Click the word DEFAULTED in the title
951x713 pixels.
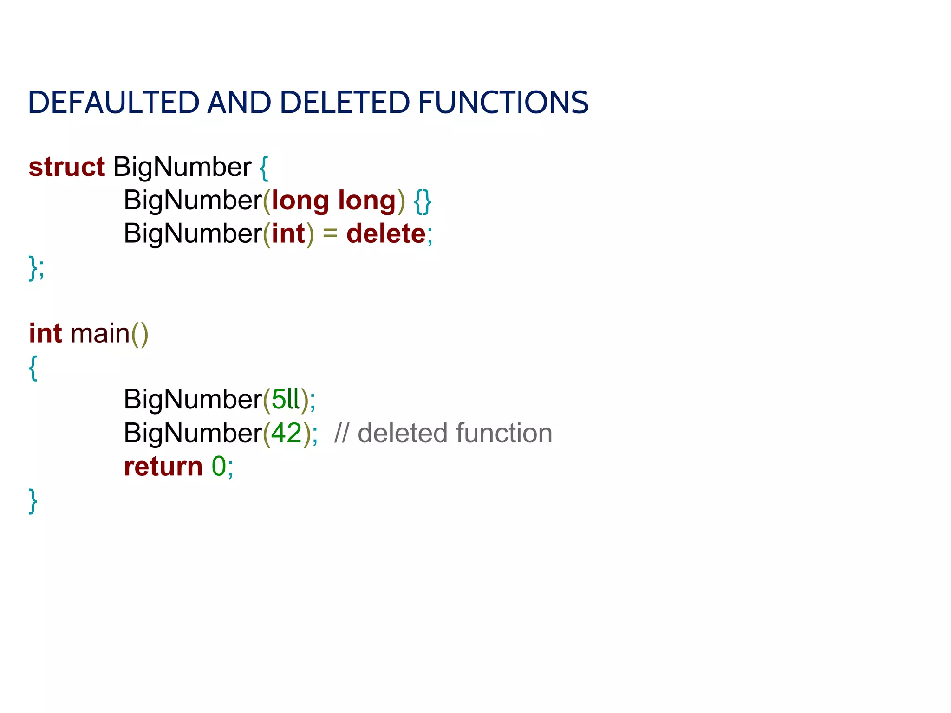pos(114,103)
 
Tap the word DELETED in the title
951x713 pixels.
pos(345,103)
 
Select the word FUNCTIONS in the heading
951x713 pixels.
pos(503,103)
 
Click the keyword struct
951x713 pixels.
pos(67,167)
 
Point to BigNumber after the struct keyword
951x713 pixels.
pos(182,167)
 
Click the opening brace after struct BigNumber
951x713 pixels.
pos(264,168)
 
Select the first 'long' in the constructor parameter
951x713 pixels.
pos(300,201)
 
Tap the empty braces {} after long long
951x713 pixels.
pos(422,201)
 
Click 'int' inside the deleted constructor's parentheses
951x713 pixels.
pos(288,233)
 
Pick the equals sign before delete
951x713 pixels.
pos(330,233)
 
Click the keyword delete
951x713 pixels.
pos(386,233)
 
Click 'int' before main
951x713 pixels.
pos(46,333)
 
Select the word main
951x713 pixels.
pos(100,334)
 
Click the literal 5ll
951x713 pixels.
pos(286,399)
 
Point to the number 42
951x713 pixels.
pos(287,433)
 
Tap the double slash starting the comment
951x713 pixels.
pos(341,433)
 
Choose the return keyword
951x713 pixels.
pos(163,467)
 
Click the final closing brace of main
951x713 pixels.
pos(33,500)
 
